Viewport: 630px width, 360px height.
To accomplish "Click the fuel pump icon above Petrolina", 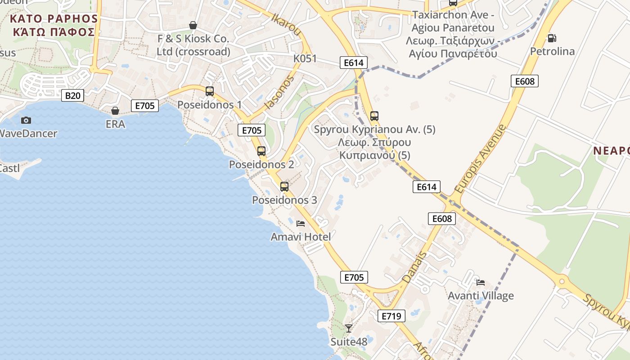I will [552, 38].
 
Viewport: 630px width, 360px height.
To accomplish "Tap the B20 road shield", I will [72, 95].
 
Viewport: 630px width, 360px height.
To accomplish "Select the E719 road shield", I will [391, 316].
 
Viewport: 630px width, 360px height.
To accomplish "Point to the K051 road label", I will [305, 58].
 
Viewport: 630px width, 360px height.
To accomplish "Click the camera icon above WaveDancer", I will [26, 120].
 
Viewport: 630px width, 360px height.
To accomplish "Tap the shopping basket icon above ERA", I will [115, 110].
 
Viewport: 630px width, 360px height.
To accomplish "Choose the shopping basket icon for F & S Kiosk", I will [193, 25].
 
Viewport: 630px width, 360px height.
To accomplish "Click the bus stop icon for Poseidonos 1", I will [210, 91].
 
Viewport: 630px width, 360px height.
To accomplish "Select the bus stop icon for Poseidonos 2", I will [261, 151].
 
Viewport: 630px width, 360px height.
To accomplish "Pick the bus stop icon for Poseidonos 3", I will [284, 186].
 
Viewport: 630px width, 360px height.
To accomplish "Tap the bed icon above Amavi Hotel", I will [301, 223].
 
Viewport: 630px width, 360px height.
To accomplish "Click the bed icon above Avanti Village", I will [481, 283].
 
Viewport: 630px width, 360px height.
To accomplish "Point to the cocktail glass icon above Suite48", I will [349, 328].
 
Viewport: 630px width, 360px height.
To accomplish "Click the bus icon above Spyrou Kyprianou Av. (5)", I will [374, 116].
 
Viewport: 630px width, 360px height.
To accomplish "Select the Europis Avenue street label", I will [480, 159].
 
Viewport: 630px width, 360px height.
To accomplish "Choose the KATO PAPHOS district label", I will [54, 25].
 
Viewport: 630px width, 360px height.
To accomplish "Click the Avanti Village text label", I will [481, 296].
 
